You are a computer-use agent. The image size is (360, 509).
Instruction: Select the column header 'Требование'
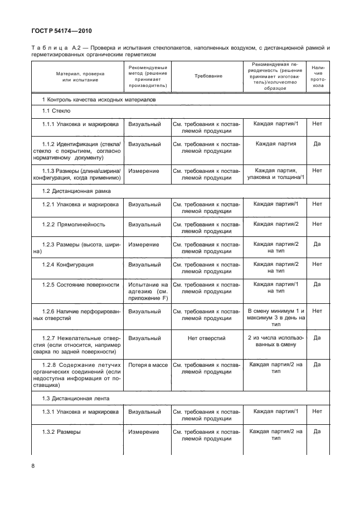208,76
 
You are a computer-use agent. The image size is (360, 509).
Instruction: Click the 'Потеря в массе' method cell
148,365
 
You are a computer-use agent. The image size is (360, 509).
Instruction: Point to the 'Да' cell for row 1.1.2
317,144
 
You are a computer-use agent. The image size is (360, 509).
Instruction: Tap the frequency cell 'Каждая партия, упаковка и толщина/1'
276,174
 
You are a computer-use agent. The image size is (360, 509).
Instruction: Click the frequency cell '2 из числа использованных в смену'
276,341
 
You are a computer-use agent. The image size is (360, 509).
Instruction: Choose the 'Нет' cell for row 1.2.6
317,311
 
